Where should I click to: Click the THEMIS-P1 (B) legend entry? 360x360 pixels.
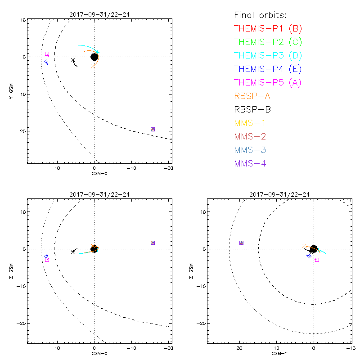coord(268,29)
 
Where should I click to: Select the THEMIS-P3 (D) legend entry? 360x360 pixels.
coord(268,56)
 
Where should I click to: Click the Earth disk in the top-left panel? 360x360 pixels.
coord(94,57)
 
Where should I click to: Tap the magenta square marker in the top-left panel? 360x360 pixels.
coord(47,54)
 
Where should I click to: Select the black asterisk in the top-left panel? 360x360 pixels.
coord(73,60)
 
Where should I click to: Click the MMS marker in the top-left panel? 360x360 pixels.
coord(153,129)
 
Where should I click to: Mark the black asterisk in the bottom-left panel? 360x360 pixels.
coord(73,252)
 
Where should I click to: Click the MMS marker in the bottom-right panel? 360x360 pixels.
coord(241,243)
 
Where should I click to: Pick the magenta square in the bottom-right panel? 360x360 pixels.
coord(317,260)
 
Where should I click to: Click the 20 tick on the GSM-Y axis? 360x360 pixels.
coord(240,348)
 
